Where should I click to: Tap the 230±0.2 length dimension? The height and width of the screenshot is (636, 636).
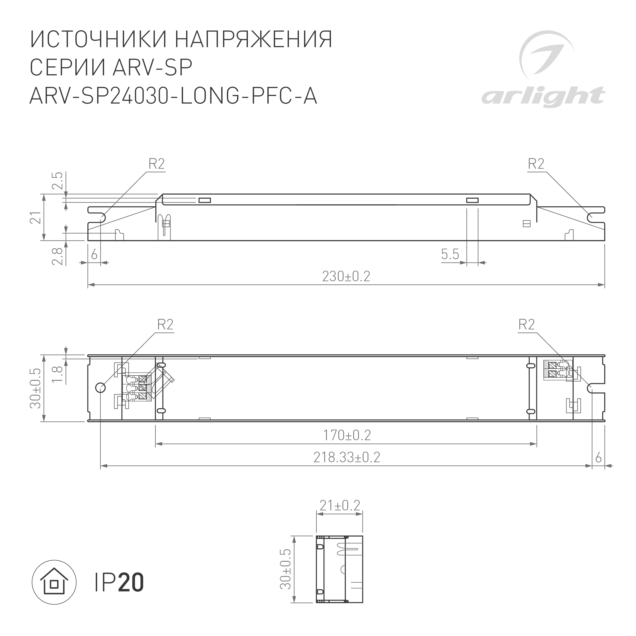click(x=346, y=277)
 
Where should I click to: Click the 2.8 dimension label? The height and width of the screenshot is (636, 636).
click(x=58, y=256)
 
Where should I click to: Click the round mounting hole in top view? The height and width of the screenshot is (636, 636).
click(x=100, y=388)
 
